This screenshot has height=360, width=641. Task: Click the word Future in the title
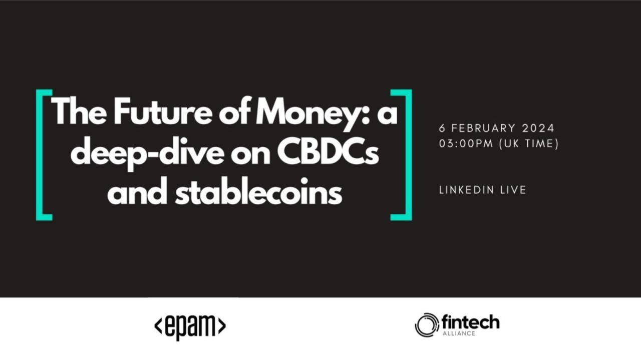(163, 111)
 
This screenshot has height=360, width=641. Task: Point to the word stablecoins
(259, 191)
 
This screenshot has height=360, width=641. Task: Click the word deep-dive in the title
(147, 154)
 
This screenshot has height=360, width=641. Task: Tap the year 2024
(538, 128)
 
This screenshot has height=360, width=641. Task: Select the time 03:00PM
(466, 143)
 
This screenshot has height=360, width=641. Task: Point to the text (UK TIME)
(529, 143)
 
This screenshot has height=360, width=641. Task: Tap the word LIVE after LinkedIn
(513, 190)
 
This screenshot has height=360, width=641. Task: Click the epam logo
(190, 326)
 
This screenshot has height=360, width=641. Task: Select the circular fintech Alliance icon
(426, 325)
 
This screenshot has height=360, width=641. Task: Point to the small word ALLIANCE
(459, 333)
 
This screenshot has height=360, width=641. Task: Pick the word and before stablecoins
(137, 191)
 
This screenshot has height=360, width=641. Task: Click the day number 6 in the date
(442, 128)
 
